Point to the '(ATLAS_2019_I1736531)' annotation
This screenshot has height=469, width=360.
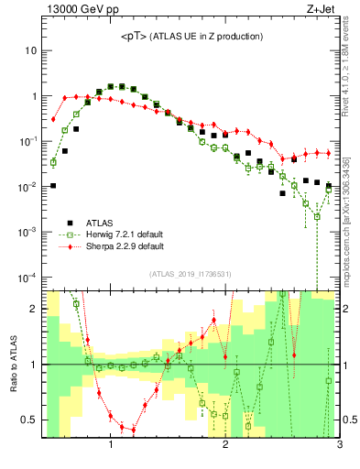click(x=191, y=273)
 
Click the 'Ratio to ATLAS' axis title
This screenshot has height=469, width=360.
click(x=13, y=364)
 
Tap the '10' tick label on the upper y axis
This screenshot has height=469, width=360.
click(x=30, y=50)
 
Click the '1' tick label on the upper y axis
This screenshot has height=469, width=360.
click(x=33, y=96)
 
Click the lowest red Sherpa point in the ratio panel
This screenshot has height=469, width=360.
click(x=133, y=429)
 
